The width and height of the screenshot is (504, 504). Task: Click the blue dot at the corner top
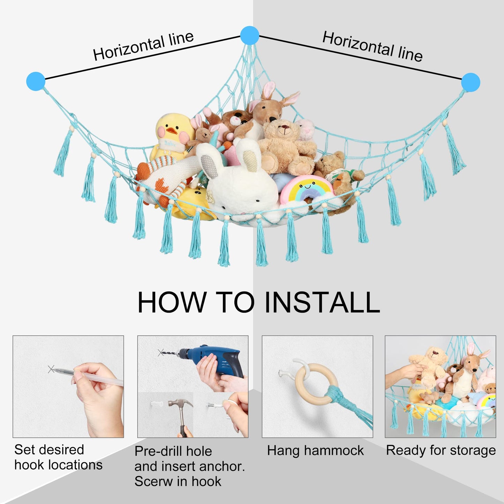point(249,36)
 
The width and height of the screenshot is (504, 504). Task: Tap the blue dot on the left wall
point(36,81)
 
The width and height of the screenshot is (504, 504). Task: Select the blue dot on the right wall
point(471,82)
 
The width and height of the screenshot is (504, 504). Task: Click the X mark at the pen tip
point(51,369)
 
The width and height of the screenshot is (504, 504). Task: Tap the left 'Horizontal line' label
point(143,46)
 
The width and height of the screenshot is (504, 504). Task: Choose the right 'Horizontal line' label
point(373,46)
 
